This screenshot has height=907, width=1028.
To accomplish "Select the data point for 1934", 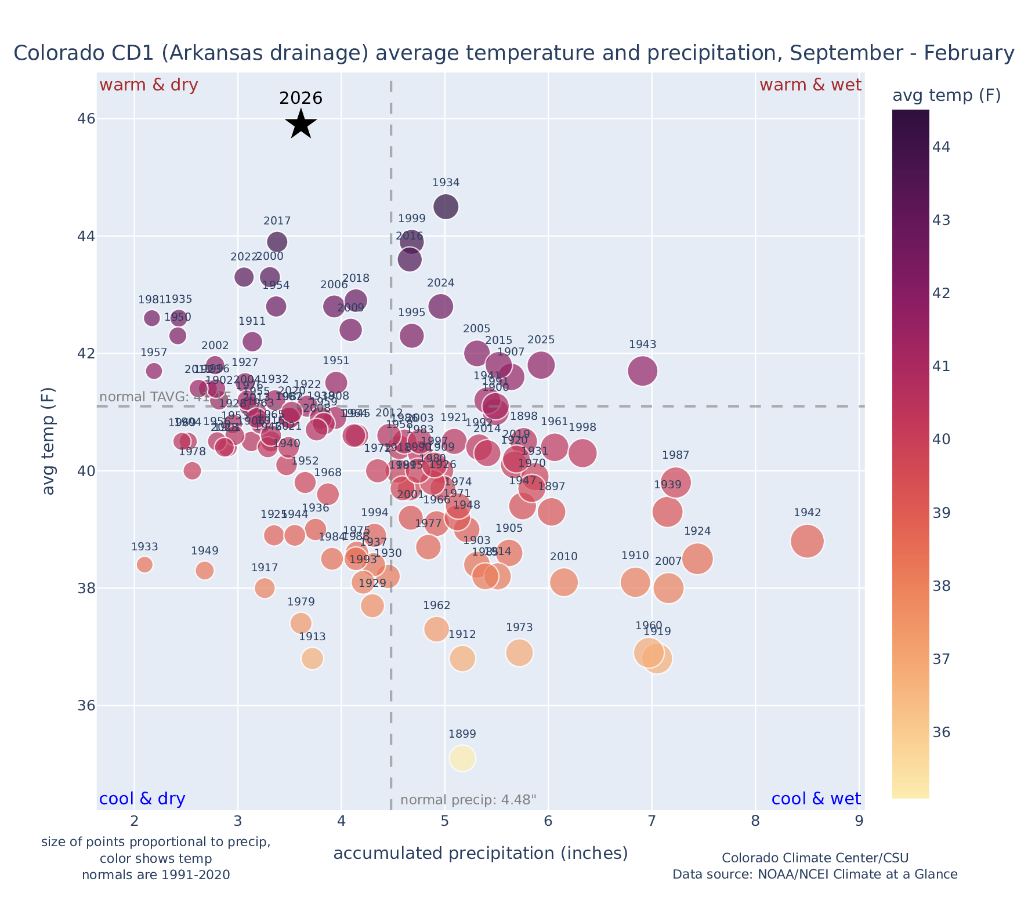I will [x=446, y=206].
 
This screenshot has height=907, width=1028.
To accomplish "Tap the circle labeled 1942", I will [x=807, y=541].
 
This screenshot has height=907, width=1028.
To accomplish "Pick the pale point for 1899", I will [x=462, y=758].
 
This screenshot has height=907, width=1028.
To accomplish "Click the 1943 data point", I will [x=642, y=371].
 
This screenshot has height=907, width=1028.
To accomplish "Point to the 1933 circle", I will [x=144, y=564].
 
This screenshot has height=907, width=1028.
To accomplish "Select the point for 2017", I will [x=277, y=242].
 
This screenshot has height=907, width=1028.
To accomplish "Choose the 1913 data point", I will [x=312, y=658].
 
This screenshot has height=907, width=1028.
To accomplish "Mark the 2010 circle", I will [x=563, y=582].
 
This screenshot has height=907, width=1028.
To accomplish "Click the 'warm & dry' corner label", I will [x=149, y=85].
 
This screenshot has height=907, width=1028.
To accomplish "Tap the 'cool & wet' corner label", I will [x=816, y=799].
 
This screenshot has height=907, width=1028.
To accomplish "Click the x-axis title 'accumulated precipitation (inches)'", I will [x=480, y=854].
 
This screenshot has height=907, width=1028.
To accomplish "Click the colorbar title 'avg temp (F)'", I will [x=946, y=96].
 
